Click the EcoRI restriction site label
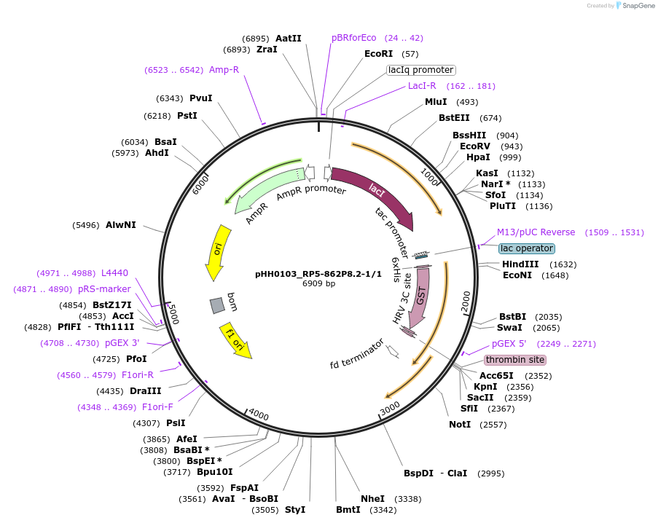pos(378,54)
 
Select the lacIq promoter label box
pos(420,70)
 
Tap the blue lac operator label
pos(526,248)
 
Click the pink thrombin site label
pos(515,360)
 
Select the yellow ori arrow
pos(217,251)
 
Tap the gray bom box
pos(217,306)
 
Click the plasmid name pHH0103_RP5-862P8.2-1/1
pos(318,274)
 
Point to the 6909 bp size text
pos(318,284)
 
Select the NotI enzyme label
pos(460,424)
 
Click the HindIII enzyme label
pos(520,264)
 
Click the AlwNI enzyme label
pos(120,225)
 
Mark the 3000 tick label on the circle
pos(390,406)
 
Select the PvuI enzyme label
pos(200,98)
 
